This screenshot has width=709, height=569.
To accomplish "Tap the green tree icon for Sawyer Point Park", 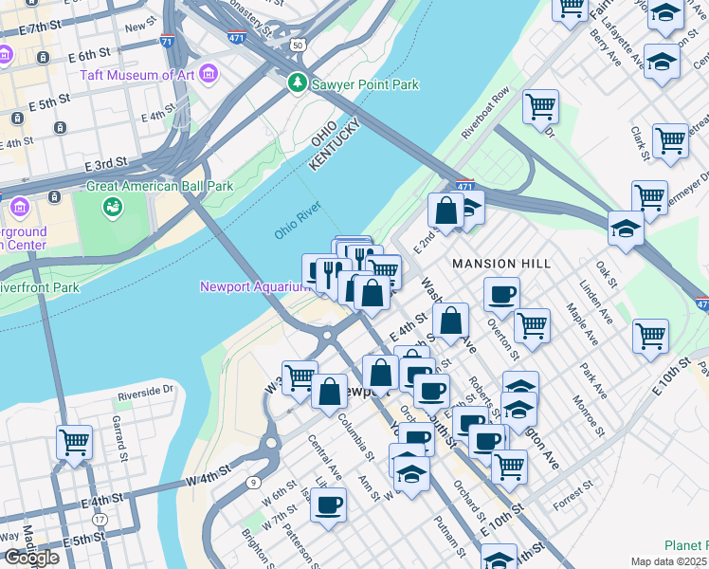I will coord(298,84).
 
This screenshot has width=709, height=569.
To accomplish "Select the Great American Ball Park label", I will coord(159,187).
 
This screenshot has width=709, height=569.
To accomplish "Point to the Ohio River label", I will coord(299,224).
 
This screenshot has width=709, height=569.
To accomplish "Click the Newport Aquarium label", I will coord(250,286).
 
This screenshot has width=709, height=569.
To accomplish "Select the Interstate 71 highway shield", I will coord(167,41).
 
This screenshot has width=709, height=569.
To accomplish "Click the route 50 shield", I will coord(298,45).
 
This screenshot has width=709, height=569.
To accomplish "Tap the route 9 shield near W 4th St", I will coord(252,483).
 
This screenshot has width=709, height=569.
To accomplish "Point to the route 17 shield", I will coord(100,519).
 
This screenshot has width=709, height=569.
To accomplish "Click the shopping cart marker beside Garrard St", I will coord(74,440).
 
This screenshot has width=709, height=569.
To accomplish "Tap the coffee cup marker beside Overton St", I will coord(501,292).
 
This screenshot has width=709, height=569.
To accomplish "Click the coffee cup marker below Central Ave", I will coord(328,503).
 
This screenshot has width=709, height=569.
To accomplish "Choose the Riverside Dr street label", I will coord(145,390).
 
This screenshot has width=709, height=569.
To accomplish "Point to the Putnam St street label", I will coord(447,538).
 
